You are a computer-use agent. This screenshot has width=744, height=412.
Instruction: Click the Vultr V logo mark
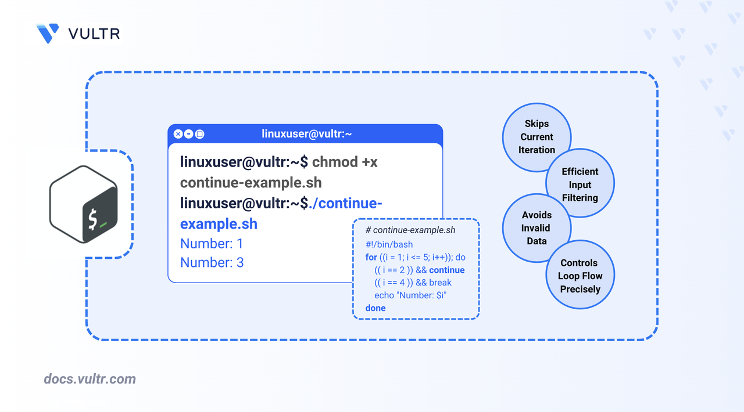pos(48,33)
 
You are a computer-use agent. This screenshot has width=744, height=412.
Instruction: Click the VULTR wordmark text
pos(94,34)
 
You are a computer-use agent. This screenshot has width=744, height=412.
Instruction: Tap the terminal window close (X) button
pos(178,134)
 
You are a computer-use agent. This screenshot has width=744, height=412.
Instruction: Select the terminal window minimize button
pos(189,134)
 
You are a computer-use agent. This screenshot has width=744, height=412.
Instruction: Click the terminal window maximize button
pos(199,134)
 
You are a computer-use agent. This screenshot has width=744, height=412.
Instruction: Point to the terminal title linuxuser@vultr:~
pos(306,133)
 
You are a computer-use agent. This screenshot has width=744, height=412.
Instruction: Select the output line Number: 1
pos(212,244)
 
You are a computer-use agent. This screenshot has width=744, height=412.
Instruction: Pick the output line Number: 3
pos(212,262)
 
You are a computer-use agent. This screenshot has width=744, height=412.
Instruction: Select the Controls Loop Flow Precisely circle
pos(580,274)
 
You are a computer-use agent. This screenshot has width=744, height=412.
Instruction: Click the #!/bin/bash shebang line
pos(389,244)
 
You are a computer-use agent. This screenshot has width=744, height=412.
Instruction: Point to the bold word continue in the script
pos(447,270)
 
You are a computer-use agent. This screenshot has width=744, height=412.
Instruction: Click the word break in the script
pos(440,283)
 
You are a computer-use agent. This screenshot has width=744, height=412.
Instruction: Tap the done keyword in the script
pos(375,308)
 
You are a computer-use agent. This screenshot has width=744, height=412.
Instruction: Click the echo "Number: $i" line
pos(410,295)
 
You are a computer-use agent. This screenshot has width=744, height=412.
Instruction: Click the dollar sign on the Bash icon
pos(92,219)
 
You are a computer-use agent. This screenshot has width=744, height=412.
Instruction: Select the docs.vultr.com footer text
pos(90,379)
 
